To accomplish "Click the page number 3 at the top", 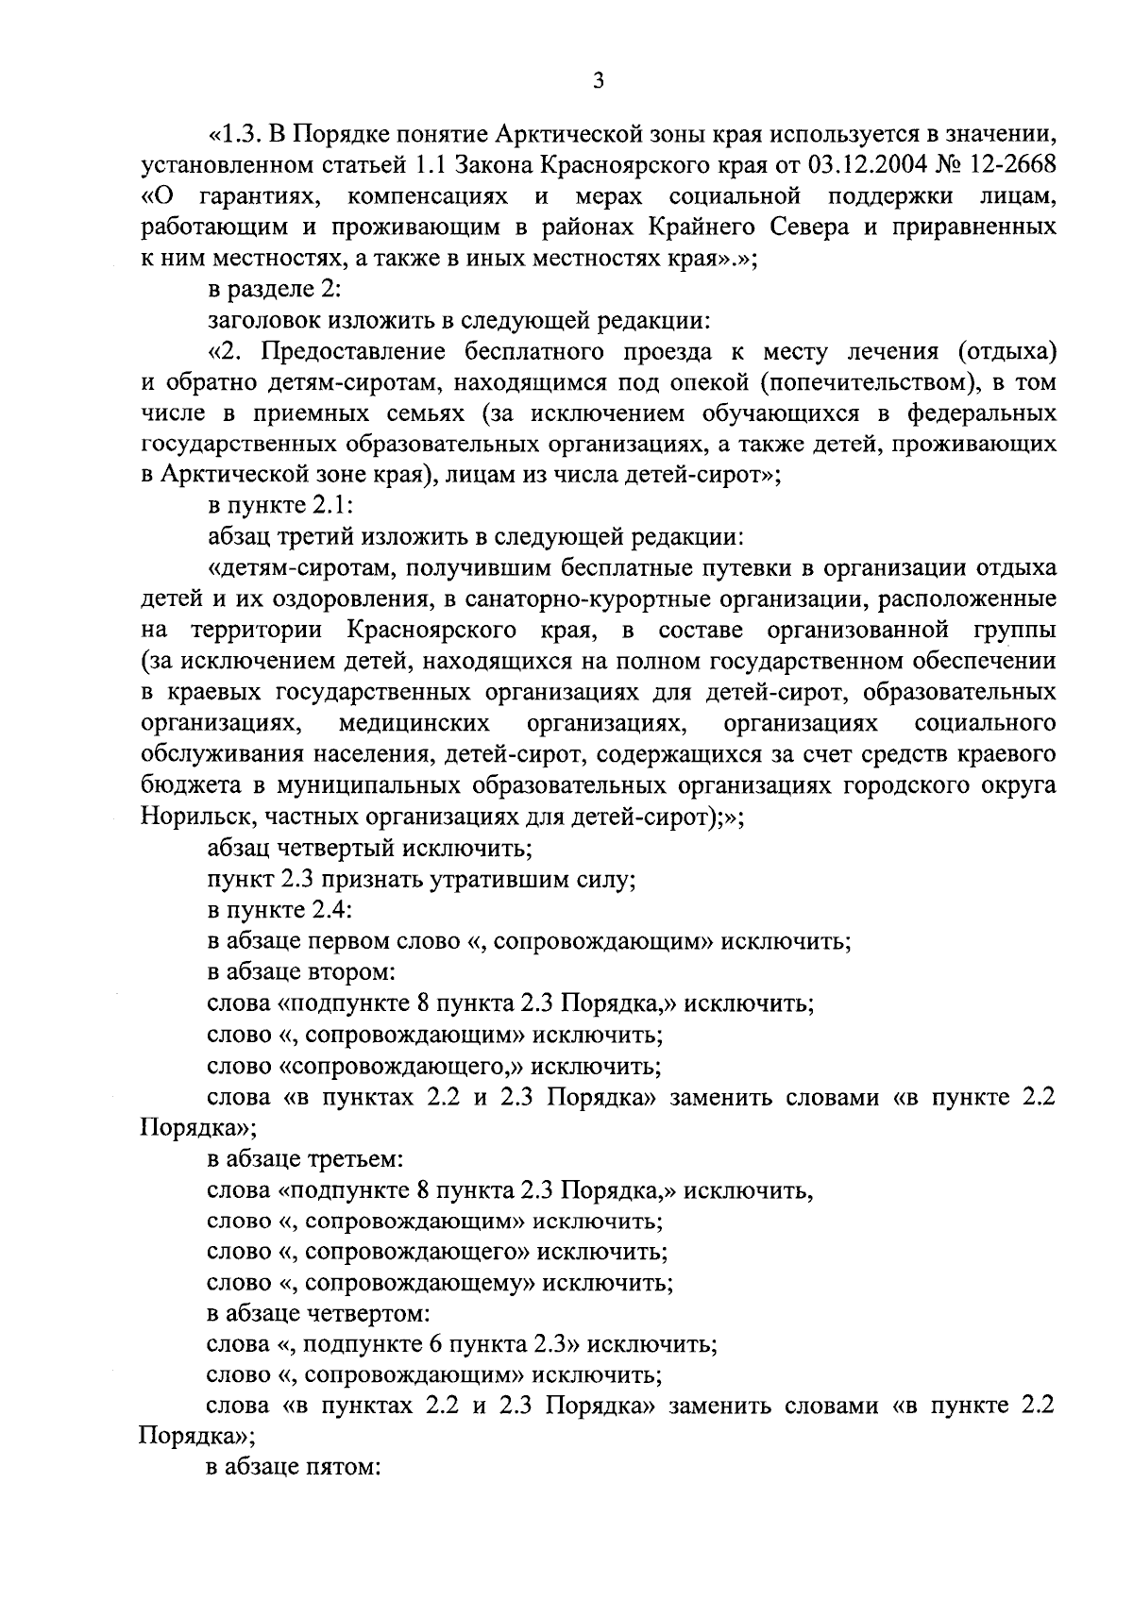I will [597, 82].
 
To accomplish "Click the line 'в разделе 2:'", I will [267, 290].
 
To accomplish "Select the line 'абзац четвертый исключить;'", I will [370, 850].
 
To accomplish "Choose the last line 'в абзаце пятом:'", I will [294, 1472].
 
